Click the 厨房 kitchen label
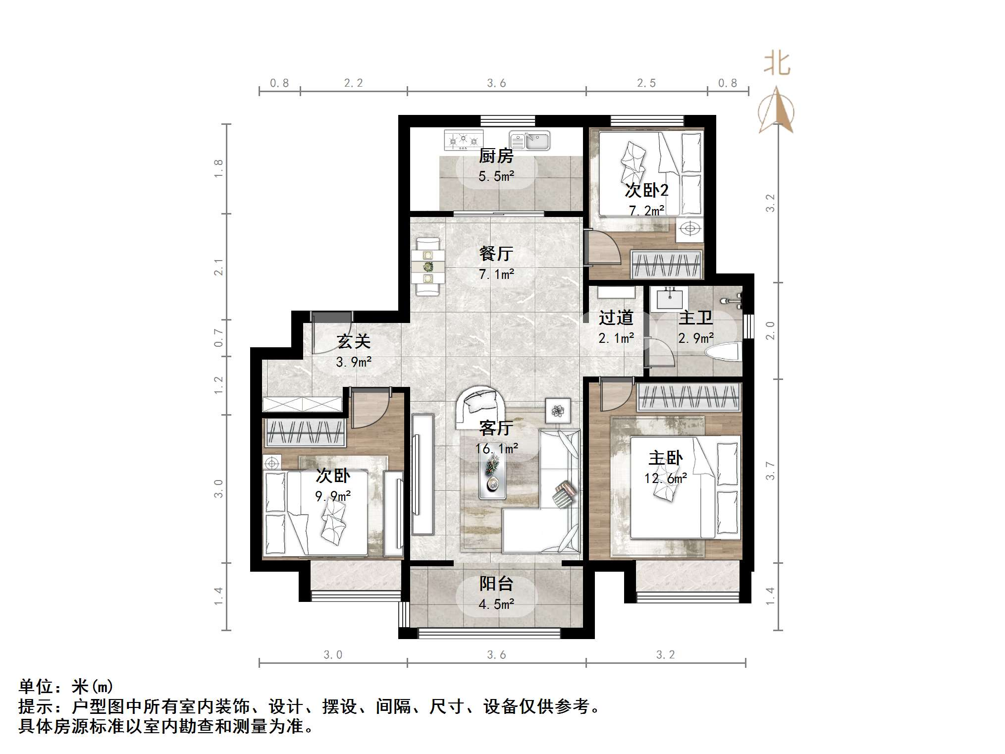(x=496, y=156)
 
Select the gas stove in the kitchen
(x=464, y=140)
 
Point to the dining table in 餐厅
(x=427, y=267)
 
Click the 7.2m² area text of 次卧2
(x=646, y=211)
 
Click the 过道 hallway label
(x=616, y=318)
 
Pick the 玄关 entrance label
(x=354, y=341)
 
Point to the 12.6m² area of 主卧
(x=665, y=478)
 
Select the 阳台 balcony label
(x=496, y=584)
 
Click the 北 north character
(x=777, y=64)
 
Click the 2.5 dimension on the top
(x=646, y=83)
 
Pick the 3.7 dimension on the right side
(x=769, y=470)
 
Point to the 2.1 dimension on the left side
(x=218, y=267)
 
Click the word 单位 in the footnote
(x=36, y=687)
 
